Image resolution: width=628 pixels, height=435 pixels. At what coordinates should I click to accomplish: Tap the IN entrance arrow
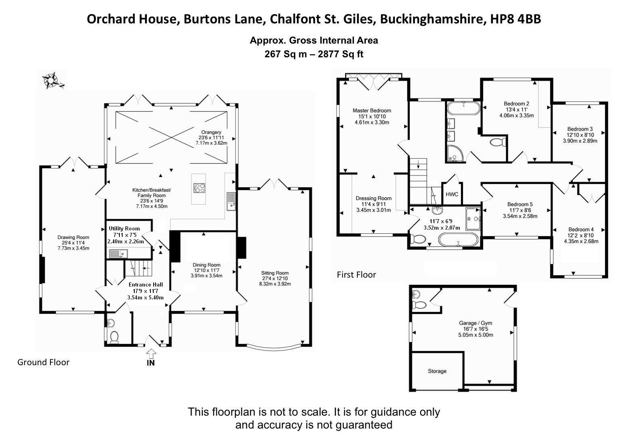(x=151, y=355)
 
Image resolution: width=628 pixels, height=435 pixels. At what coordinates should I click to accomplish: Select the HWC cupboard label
(x=452, y=194)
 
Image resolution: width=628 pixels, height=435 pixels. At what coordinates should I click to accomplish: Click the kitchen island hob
(x=199, y=188)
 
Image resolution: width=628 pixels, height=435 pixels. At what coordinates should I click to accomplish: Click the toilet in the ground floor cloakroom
(x=115, y=337)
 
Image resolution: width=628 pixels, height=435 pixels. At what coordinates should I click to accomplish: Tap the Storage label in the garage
(x=437, y=371)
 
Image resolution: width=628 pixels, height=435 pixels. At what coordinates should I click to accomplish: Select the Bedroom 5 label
(x=520, y=204)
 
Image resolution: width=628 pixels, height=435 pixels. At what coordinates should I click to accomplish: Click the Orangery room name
(x=211, y=132)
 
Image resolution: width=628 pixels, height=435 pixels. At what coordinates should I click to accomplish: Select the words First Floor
(x=356, y=275)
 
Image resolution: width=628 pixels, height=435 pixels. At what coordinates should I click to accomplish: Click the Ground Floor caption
(x=43, y=362)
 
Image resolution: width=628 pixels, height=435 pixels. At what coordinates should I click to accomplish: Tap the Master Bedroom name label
(x=371, y=111)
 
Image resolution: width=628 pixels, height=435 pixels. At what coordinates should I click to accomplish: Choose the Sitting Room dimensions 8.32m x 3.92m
(x=275, y=284)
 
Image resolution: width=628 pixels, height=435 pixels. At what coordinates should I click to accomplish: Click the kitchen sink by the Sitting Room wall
(x=231, y=201)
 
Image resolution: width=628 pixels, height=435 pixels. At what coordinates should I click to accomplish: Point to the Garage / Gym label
(x=476, y=323)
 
